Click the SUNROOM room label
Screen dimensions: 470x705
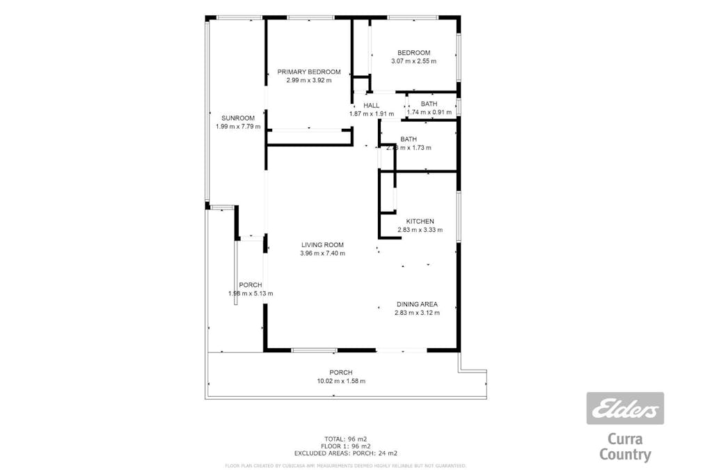pyautogui.click(x=238, y=118)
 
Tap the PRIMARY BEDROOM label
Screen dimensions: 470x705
pyautogui.click(x=309, y=72)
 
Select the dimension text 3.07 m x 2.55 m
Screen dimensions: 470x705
pyautogui.click(x=413, y=61)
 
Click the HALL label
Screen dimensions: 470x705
pyautogui.click(x=371, y=105)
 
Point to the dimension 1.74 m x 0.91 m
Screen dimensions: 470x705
pyautogui.click(x=429, y=113)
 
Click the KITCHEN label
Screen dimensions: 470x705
pyautogui.click(x=420, y=221)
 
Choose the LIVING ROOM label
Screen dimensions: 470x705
pyautogui.click(x=322, y=244)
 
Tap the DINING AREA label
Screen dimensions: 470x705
pyautogui.click(x=417, y=304)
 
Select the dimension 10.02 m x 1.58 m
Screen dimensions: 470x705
pyautogui.click(x=341, y=381)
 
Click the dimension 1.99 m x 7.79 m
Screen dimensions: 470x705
pyautogui.click(x=238, y=127)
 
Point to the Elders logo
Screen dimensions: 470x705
pyautogui.click(x=625, y=409)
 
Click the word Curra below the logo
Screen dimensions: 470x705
pyautogui.click(x=625, y=439)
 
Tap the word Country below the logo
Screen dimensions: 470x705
pyautogui.click(x=625, y=455)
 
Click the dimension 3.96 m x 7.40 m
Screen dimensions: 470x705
pyautogui.click(x=322, y=253)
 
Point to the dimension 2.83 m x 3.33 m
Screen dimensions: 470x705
pyautogui.click(x=420, y=230)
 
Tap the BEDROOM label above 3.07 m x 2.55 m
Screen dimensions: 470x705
pyautogui.click(x=413, y=53)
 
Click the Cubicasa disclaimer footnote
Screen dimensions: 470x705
pyautogui.click(x=345, y=465)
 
